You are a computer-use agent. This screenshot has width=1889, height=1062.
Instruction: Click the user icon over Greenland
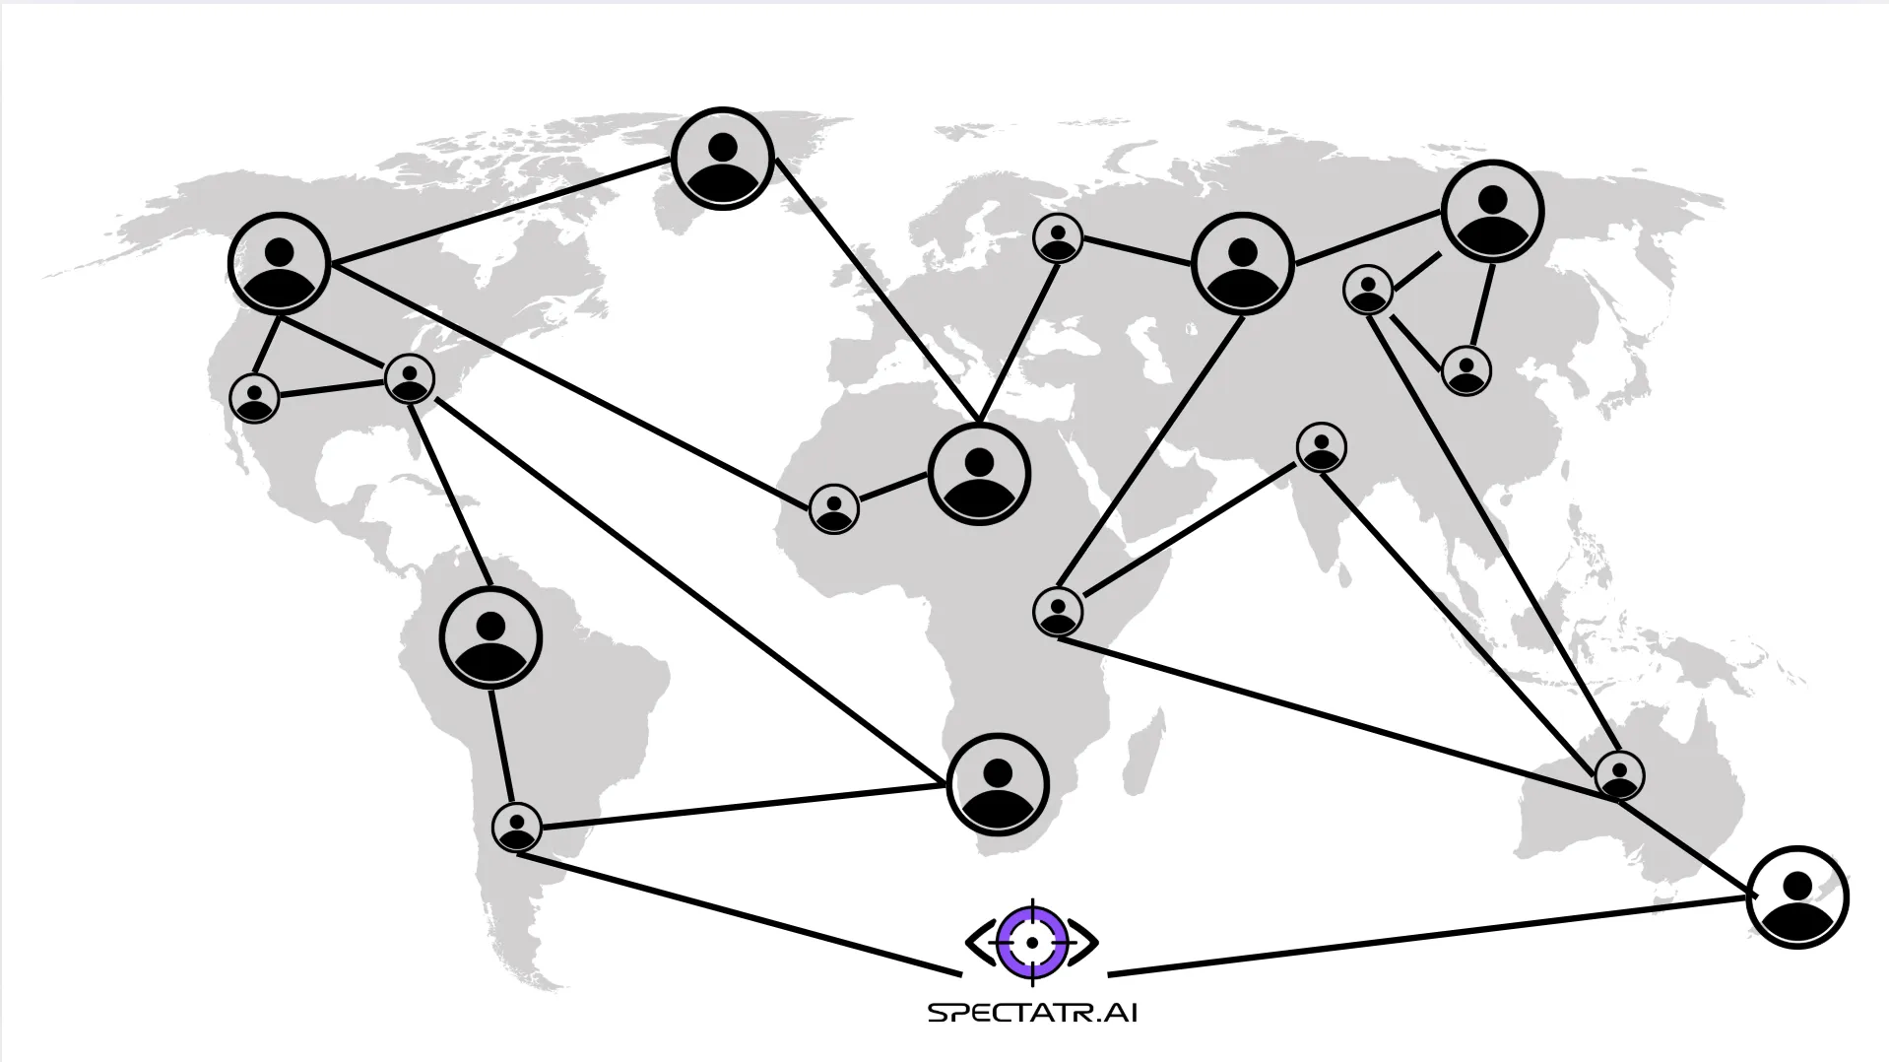tap(723, 159)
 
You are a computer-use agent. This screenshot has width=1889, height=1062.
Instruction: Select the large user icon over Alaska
tap(279, 264)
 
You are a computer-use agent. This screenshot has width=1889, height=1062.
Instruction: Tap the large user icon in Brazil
tap(490, 637)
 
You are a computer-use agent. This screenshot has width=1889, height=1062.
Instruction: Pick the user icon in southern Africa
tap(998, 785)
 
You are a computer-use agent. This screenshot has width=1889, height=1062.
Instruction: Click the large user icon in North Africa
tap(979, 474)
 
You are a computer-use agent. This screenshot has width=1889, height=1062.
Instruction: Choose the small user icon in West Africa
tap(834, 509)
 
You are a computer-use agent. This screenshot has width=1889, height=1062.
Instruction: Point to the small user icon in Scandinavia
tap(1059, 238)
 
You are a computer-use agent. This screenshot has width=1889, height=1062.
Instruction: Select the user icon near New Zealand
tap(1797, 897)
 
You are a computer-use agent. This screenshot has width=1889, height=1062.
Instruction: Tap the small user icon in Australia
tap(1619, 774)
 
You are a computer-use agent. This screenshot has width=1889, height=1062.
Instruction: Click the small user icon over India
tap(1322, 447)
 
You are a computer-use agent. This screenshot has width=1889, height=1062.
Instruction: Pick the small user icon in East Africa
tap(1059, 611)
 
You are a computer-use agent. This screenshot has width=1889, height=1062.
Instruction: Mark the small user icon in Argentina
tap(517, 828)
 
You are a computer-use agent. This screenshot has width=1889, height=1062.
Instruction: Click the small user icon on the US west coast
tap(255, 398)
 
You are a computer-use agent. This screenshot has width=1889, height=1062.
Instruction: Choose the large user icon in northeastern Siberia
tap(1492, 211)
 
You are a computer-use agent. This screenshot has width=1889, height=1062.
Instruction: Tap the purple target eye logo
tap(1032, 943)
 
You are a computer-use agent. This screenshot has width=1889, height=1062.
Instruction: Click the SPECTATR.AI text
tap(1032, 1013)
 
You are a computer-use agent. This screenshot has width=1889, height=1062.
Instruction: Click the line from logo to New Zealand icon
tap(1428, 936)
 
